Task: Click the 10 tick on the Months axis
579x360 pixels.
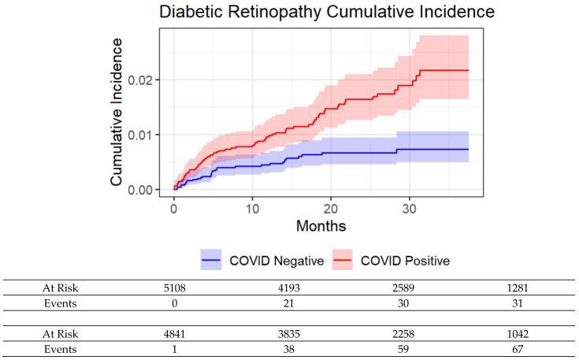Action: pyautogui.click(x=252, y=209)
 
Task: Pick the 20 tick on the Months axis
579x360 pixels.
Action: pyautogui.click(x=331, y=209)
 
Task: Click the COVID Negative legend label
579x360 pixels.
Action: pyautogui.click(x=285, y=259)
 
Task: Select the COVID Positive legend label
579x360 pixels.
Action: pyautogui.click(x=412, y=259)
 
